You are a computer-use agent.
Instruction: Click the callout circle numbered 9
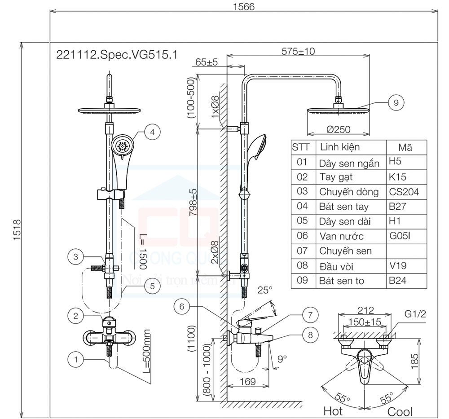click(x=396, y=102)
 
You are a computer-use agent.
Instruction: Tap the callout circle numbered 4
click(x=153, y=132)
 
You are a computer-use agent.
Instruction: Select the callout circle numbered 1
click(x=76, y=359)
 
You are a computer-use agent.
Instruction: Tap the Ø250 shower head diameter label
click(x=339, y=130)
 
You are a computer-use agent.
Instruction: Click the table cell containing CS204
click(x=404, y=192)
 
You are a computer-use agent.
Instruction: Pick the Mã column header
click(x=405, y=147)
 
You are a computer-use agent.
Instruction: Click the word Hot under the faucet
click(x=333, y=410)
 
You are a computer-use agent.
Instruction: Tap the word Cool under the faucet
click(x=400, y=411)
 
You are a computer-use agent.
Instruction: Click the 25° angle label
click(x=264, y=290)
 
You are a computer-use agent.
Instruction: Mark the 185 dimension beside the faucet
click(x=415, y=359)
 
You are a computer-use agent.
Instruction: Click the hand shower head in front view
click(x=123, y=146)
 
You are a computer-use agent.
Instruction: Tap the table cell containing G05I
click(x=401, y=236)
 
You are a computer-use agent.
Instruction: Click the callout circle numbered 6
click(x=181, y=307)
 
